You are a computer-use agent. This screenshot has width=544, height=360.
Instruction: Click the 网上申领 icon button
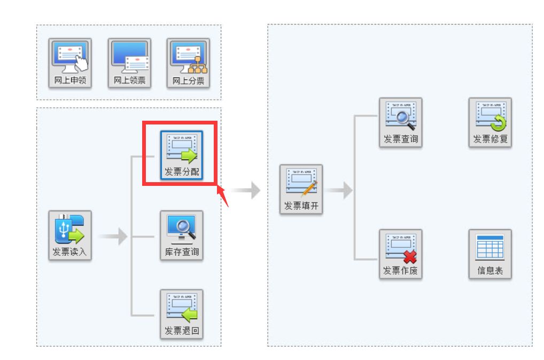[x=70, y=62]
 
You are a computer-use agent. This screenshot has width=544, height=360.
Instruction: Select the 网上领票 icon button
[x=129, y=62]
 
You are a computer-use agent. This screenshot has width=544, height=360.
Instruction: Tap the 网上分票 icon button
[x=189, y=62]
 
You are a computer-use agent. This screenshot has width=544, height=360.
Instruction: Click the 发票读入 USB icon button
[x=70, y=235]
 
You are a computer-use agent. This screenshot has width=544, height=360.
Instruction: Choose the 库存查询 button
[x=182, y=235]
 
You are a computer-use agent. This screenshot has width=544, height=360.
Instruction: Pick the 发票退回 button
[x=182, y=314]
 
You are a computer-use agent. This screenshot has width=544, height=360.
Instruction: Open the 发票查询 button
[x=400, y=123]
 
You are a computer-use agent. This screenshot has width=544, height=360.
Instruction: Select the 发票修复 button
[x=490, y=123]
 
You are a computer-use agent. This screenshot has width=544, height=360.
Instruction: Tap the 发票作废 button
[x=400, y=254]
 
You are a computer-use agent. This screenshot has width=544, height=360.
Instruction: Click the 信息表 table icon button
[x=490, y=254]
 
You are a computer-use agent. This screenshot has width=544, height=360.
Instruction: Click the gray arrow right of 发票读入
[x=113, y=236]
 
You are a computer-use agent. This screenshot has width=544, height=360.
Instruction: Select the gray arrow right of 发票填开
[x=339, y=190]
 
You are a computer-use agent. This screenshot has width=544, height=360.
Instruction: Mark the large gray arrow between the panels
[x=246, y=190]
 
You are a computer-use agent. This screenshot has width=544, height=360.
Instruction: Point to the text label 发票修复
[x=490, y=140]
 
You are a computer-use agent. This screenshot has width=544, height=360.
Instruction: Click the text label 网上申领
[x=70, y=81]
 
